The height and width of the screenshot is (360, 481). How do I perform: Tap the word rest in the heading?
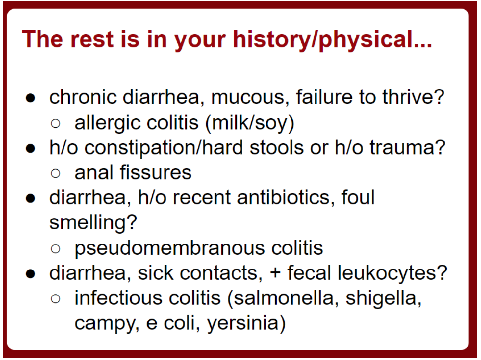(92, 40)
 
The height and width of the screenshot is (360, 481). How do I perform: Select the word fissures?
(156, 172)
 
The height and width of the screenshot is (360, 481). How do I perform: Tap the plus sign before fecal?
(275, 274)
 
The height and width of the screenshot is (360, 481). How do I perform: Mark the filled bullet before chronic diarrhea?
(31, 98)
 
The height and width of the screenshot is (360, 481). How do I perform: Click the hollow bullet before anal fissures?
(56, 173)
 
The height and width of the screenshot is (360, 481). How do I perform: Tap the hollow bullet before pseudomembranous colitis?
(56, 249)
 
